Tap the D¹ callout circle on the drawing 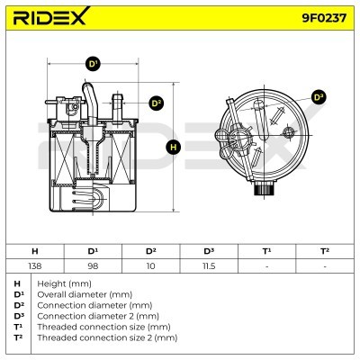pos(93,65)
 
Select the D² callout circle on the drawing pos(155,103)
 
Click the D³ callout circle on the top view pos(318,96)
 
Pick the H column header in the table pos(34,251)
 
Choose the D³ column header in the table pos(209,251)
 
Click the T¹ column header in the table pos(266,251)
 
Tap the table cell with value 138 pos(34,266)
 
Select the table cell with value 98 pos(92,266)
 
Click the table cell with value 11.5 pos(209,266)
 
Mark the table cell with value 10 pos(150,266)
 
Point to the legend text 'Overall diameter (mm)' pos(77,294)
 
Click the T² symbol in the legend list pos(19,337)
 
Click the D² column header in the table pos(150,251)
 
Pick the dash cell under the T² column pos(325,266)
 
